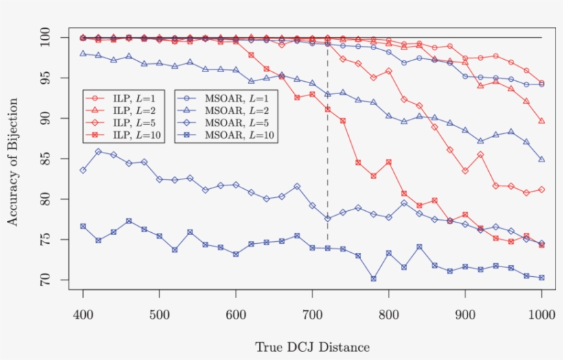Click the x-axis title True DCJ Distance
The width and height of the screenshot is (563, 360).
[x=312, y=347]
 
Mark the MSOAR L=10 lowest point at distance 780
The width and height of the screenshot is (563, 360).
[x=374, y=279]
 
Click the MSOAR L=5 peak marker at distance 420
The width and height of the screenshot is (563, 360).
[x=98, y=152]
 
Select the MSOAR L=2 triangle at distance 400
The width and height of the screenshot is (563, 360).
[x=83, y=54]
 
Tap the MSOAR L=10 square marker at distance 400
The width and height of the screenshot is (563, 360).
[x=83, y=226]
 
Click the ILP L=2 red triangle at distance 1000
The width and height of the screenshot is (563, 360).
[x=542, y=121]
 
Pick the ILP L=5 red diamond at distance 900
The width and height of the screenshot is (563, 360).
[x=466, y=170]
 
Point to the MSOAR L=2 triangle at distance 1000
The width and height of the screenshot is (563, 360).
[x=542, y=159]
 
